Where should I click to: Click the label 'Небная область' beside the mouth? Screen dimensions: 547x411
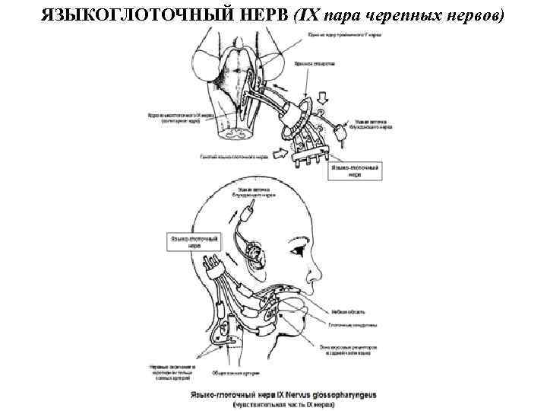(349, 311)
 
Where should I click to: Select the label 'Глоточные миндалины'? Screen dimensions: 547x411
(354, 324)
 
